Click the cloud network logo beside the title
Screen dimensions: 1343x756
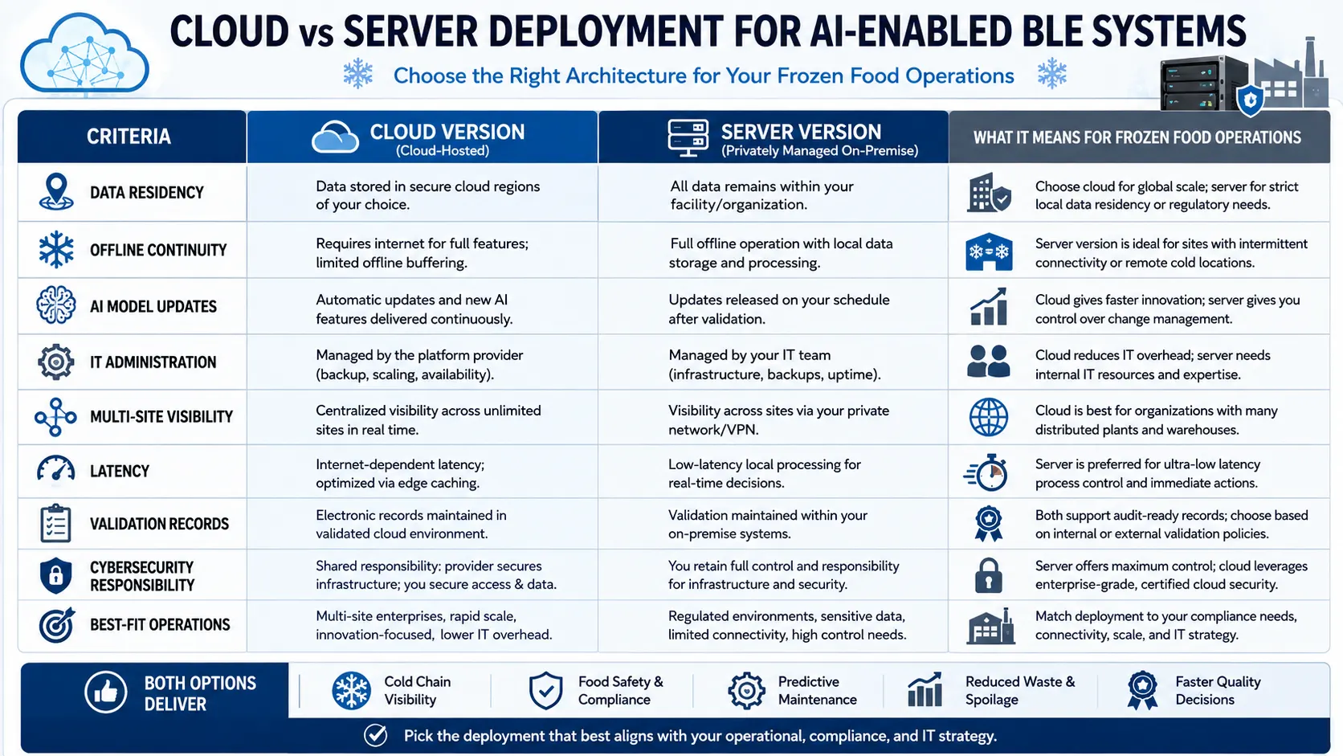84,55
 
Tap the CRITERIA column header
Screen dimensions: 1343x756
129,137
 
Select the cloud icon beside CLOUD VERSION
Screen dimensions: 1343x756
335,137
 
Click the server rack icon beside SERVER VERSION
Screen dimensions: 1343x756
688,137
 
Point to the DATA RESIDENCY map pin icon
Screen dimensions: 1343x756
55,192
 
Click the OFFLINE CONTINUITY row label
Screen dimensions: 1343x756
158,250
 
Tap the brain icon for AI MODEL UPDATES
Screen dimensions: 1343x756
55,305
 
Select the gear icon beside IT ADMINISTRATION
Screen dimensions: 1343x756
55,362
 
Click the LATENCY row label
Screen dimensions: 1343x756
120,472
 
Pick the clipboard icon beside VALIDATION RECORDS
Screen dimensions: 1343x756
55,523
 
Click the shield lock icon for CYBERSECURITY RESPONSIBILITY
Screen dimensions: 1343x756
55,575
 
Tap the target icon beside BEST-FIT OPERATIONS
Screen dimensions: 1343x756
57,625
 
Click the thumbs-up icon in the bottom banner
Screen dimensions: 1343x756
105,692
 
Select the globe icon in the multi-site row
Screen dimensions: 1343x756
988,417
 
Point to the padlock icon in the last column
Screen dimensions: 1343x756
988,575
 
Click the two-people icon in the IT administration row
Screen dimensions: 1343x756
988,361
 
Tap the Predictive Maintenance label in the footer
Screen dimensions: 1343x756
817,691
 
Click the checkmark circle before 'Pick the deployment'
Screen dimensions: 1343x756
375,736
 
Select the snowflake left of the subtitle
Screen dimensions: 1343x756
358,74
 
